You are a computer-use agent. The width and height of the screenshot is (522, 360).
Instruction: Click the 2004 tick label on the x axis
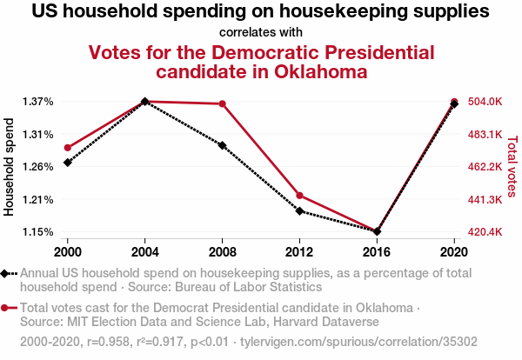click(x=145, y=251)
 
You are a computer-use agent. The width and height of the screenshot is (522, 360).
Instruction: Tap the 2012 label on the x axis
click(x=299, y=251)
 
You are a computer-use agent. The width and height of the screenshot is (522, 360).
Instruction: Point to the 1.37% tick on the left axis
click(x=38, y=102)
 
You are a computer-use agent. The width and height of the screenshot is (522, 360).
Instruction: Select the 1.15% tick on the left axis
click(x=38, y=231)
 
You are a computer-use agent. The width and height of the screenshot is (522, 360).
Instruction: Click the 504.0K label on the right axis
click(x=485, y=102)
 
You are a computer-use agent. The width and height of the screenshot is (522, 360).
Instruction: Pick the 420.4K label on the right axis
click(x=485, y=232)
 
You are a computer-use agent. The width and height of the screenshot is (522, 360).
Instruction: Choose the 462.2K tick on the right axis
click(x=485, y=167)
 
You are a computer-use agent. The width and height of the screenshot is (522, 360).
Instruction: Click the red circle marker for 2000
click(x=68, y=148)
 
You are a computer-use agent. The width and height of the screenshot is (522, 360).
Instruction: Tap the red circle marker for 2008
click(x=223, y=104)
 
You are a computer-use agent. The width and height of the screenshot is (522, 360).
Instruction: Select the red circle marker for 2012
click(x=299, y=196)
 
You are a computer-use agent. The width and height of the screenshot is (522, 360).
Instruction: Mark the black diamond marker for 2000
click(x=68, y=163)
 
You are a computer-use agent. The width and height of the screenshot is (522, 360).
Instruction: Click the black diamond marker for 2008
click(x=223, y=145)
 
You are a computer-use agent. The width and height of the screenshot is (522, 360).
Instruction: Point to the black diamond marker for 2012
click(x=299, y=211)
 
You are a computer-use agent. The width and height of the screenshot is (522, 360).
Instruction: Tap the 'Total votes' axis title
click(x=512, y=166)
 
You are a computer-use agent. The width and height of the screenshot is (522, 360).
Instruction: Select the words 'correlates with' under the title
click(x=260, y=32)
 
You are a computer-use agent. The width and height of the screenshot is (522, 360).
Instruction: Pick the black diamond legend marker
click(x=6, y=274)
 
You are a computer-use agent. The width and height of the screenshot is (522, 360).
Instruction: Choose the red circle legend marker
click(x=6, y=308)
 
